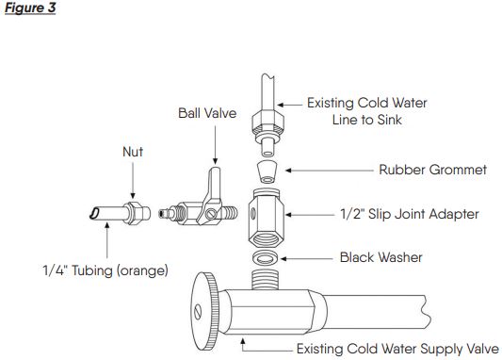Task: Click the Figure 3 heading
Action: coord(30,8)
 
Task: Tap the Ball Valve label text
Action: coord(207,113)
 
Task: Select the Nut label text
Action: coord(133,152)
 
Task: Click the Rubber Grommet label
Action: coord(433,170)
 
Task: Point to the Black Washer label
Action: coord(381,257)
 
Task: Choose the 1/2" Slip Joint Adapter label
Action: coord(410,214)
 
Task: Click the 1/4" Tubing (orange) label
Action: coord(105,270)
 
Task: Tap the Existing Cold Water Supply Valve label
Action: coord(397,349)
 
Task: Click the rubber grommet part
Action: coord(267,172)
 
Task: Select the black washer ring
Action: coord(266,257)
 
